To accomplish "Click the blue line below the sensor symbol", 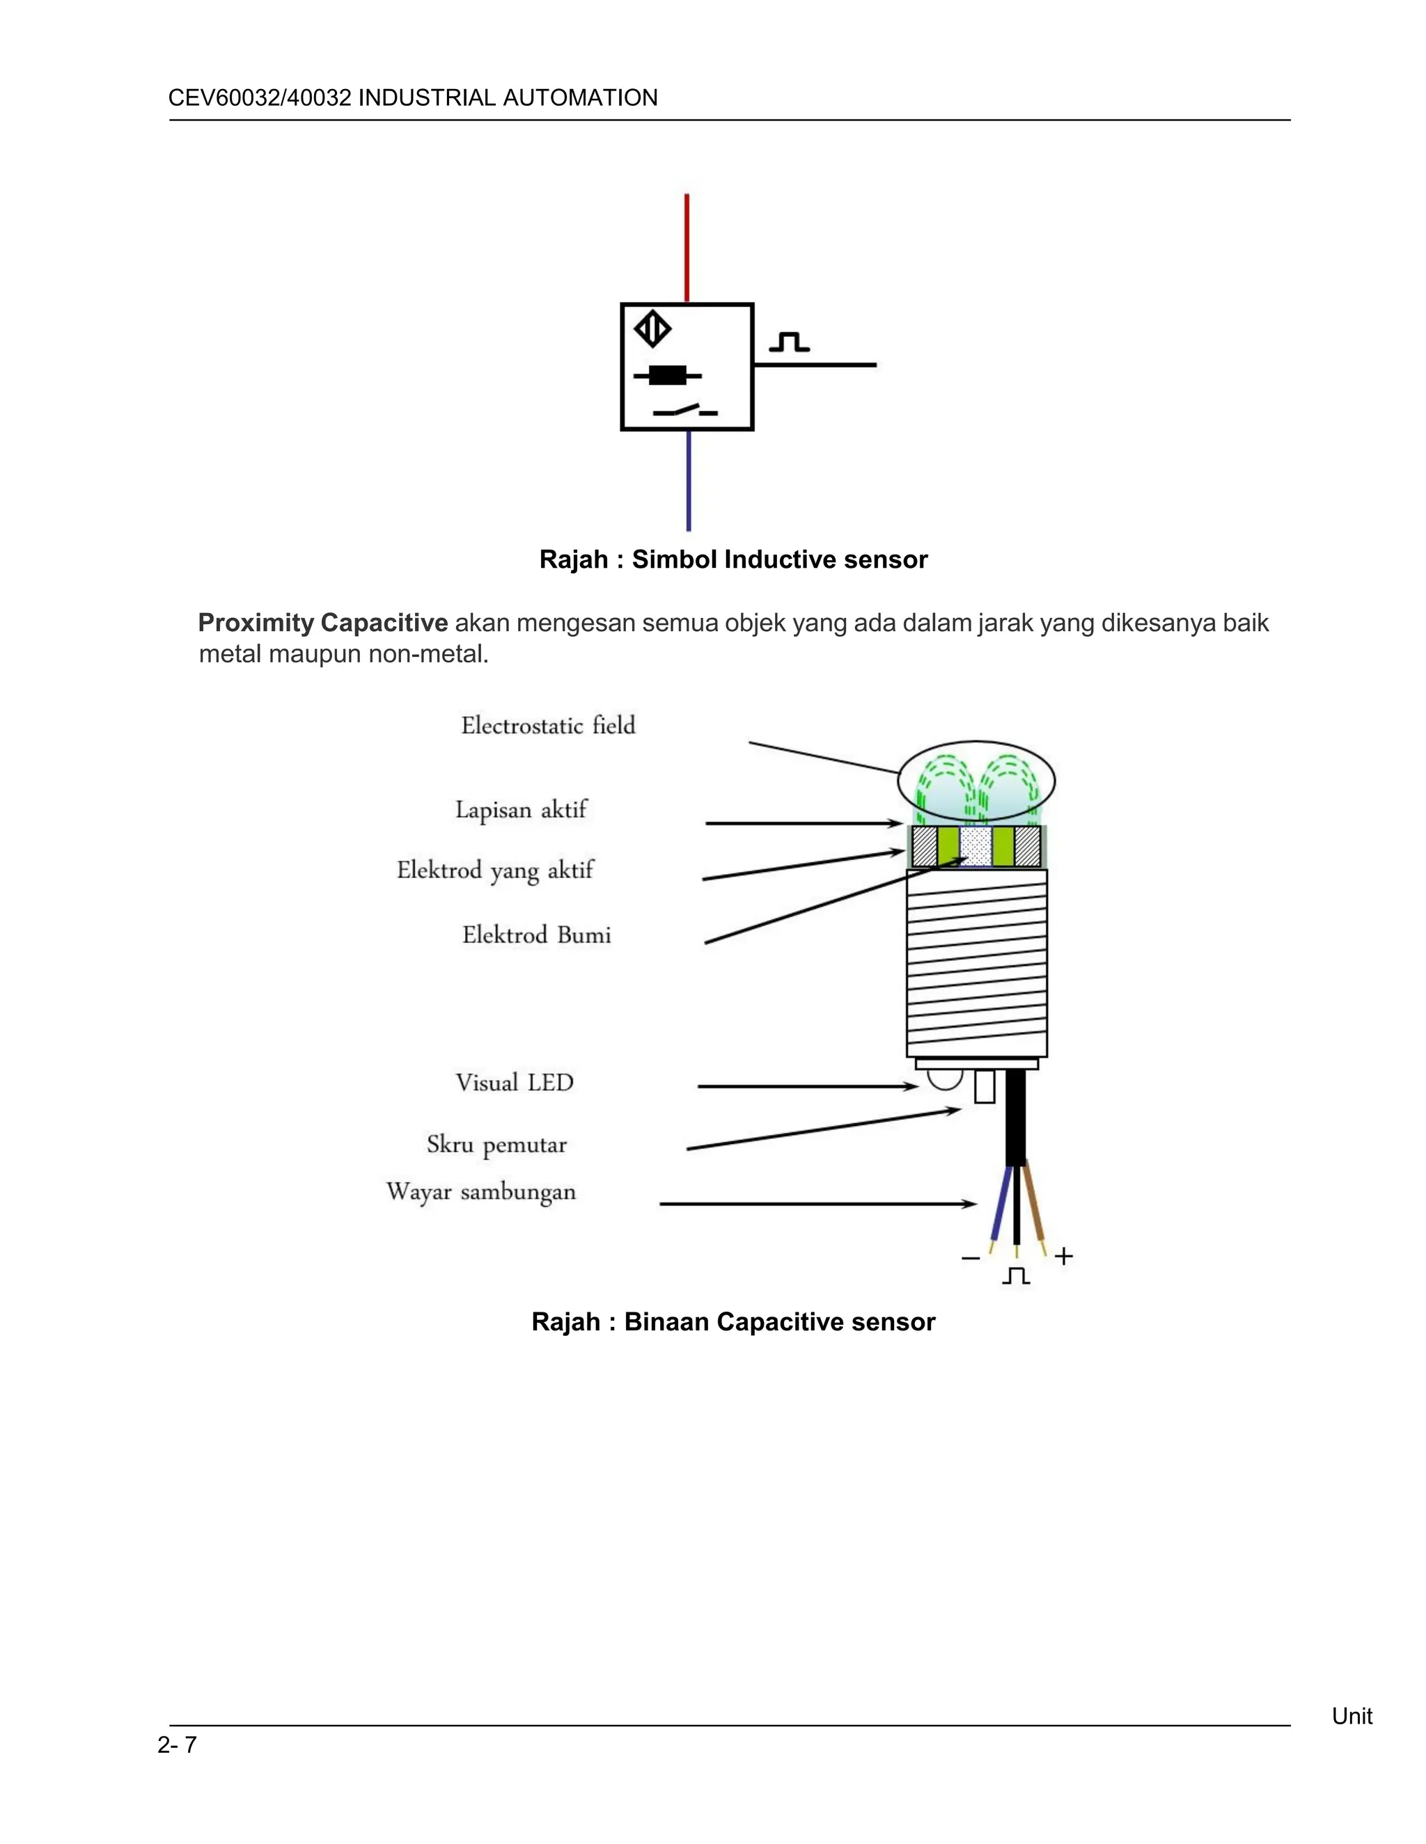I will pyautogui.click(x=689, y=482).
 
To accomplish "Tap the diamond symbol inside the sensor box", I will pyautogui.click(x=653, y=329).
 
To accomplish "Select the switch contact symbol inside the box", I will pyautogui.click(x=685, y=411).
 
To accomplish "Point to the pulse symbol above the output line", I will pyautogui.click(x=789, y=342).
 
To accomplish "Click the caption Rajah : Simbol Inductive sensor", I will pyautogui.click(x=733, y=559).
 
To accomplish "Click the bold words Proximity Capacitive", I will pyautogui.click(x=322, y=623).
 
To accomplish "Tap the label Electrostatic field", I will pyautogui.click(x=547, y=725).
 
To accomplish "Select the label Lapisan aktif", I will pyautogui.click(x=520, y=810).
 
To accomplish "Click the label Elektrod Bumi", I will pyautogui.click(x=536, y=935).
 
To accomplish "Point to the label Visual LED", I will pyautogui.click(x=515, y=1083).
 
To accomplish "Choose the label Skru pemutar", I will pyautogui.click(x=496, y=1145).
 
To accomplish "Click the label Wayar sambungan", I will pyautogui.click(x=480, y=1191).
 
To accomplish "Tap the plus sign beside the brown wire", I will pyautogui.click(x=1064, y=1256).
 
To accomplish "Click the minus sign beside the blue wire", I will pyautogui.click(x=971, y=1258).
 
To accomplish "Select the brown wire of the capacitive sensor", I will pyautogui.click(x=1035, y=1207).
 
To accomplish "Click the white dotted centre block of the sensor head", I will pyautogui.click(x=976, y=846).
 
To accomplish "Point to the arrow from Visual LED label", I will pyautogui.click(x=807, y=1087).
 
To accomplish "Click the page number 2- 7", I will pyautogui.click(x=177, y=1744).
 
